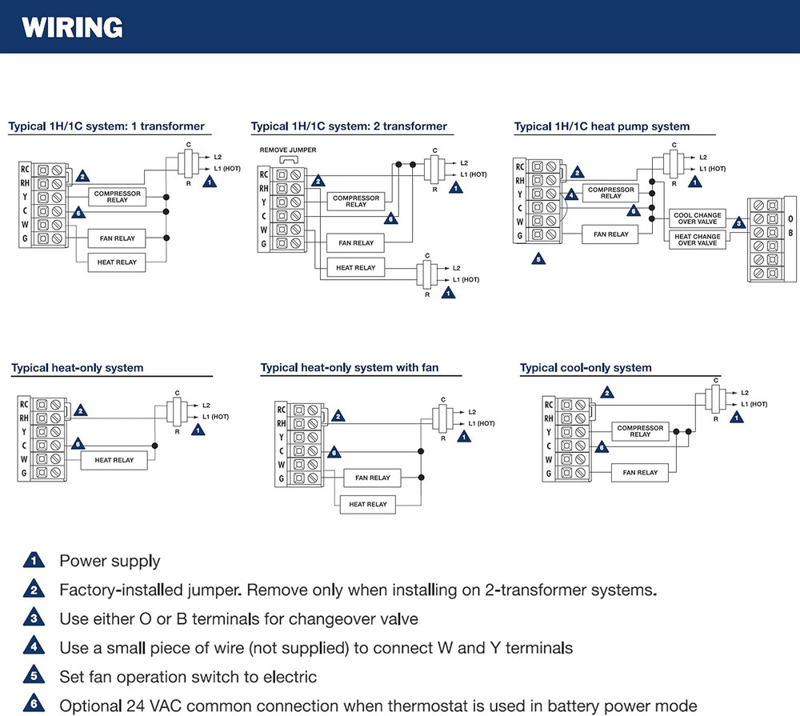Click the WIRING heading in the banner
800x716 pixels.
[73, 28]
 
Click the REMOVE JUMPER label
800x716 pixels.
[288, 150]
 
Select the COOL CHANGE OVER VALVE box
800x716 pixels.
[697, 218]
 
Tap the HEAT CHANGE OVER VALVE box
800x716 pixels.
[697, 240]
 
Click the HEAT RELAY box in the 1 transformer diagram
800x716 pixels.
[117, 262]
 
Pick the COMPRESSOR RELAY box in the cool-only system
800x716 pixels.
[640, 431]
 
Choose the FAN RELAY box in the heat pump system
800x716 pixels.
[610, 234]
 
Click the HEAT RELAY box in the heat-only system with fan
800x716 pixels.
[368, 505]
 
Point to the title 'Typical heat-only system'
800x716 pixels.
[78, 368]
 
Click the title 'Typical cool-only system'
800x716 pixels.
[586, 368]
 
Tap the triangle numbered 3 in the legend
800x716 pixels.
[34, 618]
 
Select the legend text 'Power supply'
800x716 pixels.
[110, 562]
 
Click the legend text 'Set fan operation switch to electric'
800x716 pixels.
[188, 677]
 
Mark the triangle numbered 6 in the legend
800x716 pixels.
[34, 706]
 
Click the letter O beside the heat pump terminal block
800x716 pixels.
[790, 218]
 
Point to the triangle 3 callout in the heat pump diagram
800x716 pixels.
[738, 223]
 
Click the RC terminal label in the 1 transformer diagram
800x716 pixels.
[25, 170]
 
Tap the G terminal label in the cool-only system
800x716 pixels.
[549, 474]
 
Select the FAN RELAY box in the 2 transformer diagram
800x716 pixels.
[356, 242]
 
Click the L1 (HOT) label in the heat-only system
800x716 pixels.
[215, 417]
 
